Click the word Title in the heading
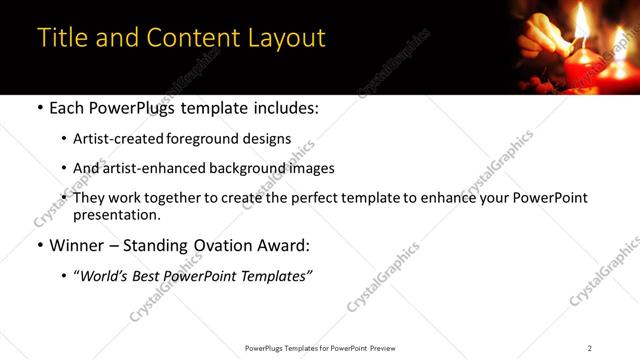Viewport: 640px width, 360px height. pos(62,38)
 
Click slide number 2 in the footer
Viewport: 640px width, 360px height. pos(590,347)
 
